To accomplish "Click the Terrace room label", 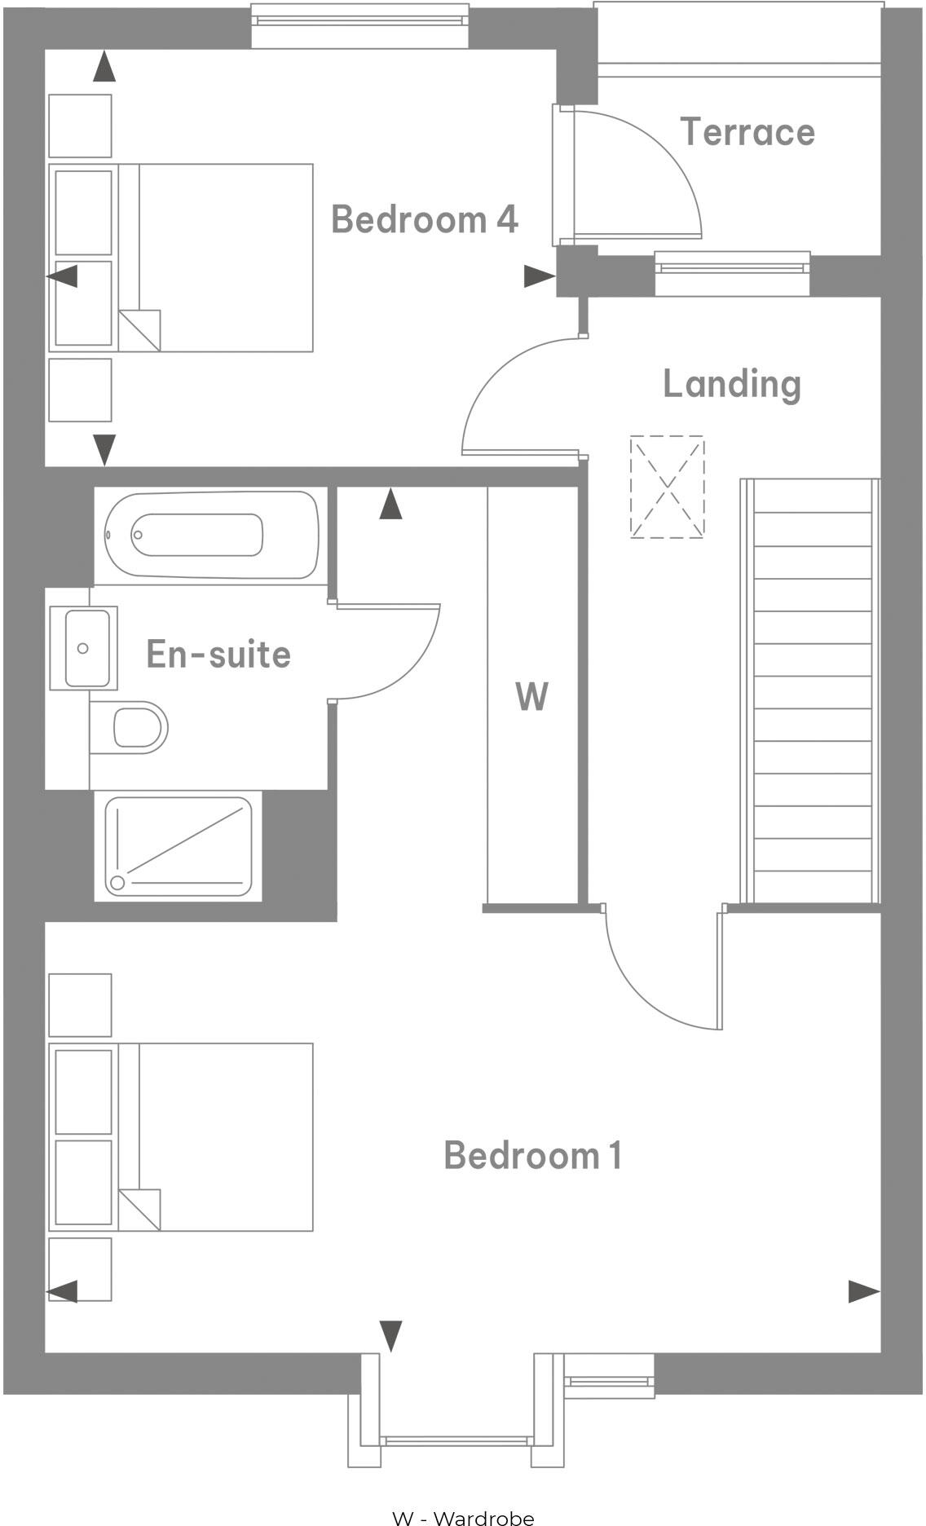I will [747, 132].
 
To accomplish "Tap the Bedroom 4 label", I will [424, 219].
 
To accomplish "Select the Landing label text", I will [731, 384].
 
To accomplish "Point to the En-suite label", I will [218, 654].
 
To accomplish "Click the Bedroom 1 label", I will [532, 1155].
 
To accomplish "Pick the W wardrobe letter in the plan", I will [531, 697].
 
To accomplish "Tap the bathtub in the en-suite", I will [210, 535].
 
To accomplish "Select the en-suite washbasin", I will [84, 648].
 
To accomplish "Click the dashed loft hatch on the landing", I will [667, 487].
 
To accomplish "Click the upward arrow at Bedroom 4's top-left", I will [104, 67].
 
